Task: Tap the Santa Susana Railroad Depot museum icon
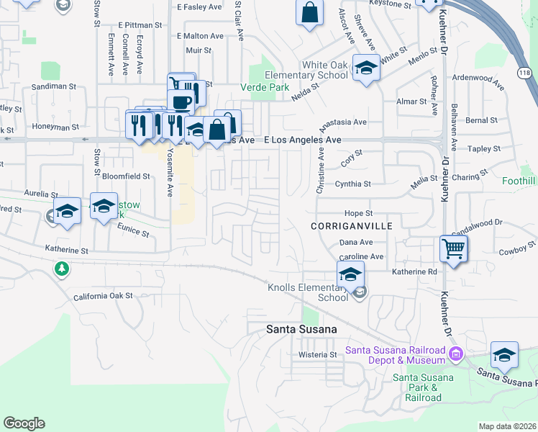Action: point(455,354)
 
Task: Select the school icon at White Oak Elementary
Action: point(366,68)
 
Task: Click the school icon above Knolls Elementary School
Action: point(350,274)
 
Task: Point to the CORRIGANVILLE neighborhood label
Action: point(342,225)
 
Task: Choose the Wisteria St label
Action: point(318,355)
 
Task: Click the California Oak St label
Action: point(104,296)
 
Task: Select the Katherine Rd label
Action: point(414,272)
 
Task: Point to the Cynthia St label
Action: point(353,184)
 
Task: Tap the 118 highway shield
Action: point(524,73)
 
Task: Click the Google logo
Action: point(24,423)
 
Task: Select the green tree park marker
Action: point(63,269)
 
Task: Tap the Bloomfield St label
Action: point(126,176)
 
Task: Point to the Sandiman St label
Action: point(53,86)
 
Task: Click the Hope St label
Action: point(358,214)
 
